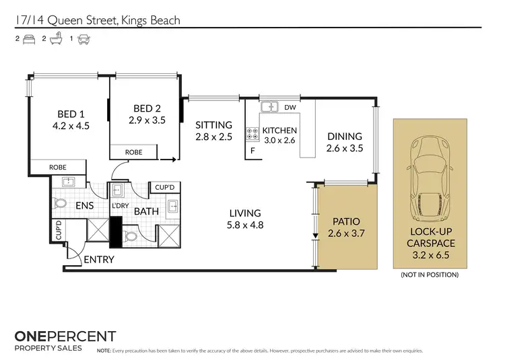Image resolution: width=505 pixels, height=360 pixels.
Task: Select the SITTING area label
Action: coord(213,125)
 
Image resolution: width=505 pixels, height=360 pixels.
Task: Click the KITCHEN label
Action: coord(279,131)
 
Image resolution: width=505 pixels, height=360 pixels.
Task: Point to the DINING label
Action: coord(344,137)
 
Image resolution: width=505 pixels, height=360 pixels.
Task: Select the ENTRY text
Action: coord(99,259)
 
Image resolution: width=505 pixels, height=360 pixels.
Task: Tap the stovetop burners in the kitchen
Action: coord(252,134)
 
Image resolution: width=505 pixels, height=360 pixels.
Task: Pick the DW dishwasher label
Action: coord(290,107)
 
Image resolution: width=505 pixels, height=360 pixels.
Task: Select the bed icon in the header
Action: coord(29,39)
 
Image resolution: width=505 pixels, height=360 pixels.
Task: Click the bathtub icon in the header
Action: coord(57,39)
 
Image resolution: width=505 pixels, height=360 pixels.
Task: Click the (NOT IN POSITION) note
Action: coord(430,275)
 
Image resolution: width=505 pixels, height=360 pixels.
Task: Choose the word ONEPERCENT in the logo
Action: coord(65,336)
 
